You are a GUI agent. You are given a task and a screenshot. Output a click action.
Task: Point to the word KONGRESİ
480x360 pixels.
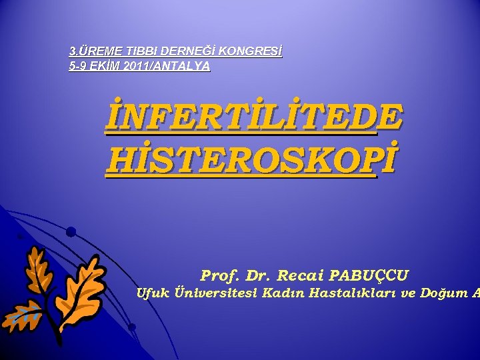[x=250, y=51]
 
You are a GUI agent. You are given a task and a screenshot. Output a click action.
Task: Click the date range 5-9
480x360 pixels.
[x=79, y=66]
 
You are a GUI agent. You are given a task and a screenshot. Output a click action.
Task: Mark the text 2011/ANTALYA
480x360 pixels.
[x=166, y=66]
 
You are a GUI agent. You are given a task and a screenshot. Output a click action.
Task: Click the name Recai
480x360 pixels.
[x=299, y=275]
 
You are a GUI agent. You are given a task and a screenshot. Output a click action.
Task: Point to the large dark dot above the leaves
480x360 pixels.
[x=71, y=231]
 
